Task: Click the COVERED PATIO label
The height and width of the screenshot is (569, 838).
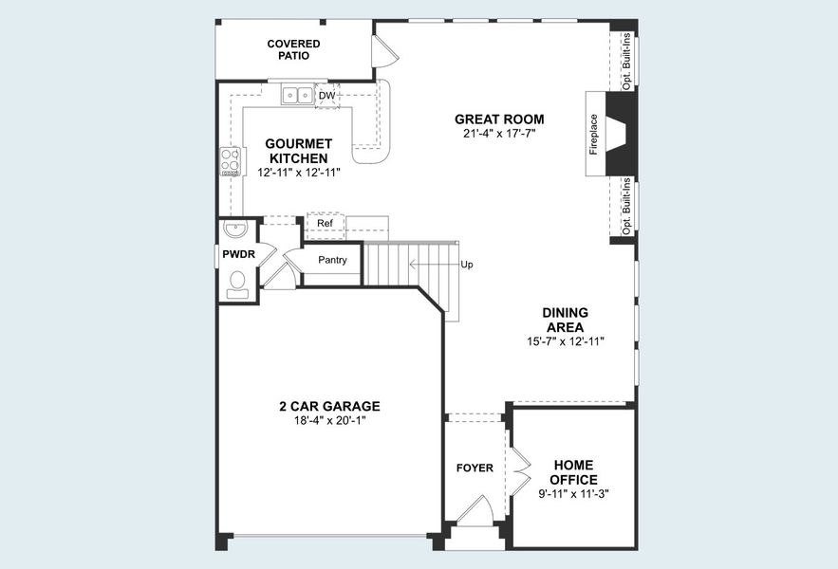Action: point(293,49)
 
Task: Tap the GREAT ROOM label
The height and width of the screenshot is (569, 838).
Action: point(499,119)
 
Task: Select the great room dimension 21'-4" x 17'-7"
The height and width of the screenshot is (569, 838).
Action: point(499,134)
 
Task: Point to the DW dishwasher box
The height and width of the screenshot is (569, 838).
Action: point(326,96)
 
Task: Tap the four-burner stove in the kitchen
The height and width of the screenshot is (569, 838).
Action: point(230,161)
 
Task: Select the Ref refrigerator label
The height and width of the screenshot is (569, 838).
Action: point(325,224)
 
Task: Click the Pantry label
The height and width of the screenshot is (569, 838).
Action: point(332,260)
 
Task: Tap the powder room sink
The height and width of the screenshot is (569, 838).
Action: point(234,229)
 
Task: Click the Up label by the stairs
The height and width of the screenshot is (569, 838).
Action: point(466,265)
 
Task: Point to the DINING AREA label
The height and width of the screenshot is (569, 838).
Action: point(565,320)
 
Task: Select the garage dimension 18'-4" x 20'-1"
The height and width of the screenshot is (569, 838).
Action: point(329,420)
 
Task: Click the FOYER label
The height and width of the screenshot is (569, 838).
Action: point(475,468)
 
